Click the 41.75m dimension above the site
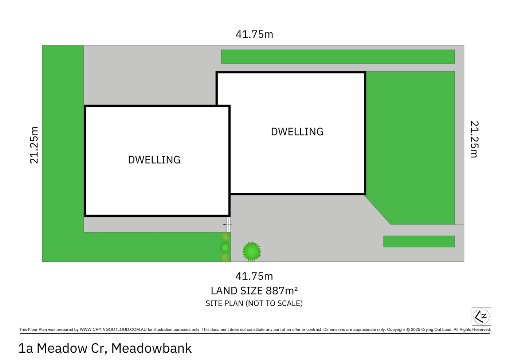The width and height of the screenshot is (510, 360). click(x=254, y=34)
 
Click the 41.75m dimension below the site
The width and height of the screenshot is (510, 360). click(x=254, y=276)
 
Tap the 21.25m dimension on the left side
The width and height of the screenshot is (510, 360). click(x=34, y=145)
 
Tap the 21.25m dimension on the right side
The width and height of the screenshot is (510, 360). click(x=475, y=139)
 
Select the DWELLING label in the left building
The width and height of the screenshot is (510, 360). click(x=154, y=160)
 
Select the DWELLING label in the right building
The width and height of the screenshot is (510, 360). click(x=297, y=132)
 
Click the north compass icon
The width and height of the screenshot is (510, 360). click(x=481, y=316)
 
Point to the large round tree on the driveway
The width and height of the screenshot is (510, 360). click(x=252, y=251)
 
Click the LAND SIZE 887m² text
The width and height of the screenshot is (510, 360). click(x=254, y=291)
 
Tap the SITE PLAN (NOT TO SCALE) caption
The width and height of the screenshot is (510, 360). click(x=254, y=303)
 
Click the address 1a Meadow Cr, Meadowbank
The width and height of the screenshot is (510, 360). click(x=105, y=348)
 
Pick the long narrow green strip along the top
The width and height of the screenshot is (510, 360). click(x=338, y=56)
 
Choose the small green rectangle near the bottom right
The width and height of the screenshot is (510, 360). click(x=419, y=241)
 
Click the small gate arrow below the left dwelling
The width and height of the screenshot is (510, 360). click(x=227, y=224)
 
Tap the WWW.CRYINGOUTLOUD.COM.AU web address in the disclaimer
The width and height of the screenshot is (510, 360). click(x=113, y=329)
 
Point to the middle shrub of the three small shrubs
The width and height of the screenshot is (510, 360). click(x=225, y=247)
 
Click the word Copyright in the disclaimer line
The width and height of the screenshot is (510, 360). click(x=396, y=329)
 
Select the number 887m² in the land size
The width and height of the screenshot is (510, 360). click(x=282, y=291)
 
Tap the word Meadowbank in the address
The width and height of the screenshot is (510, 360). click(x=152, y=348)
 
